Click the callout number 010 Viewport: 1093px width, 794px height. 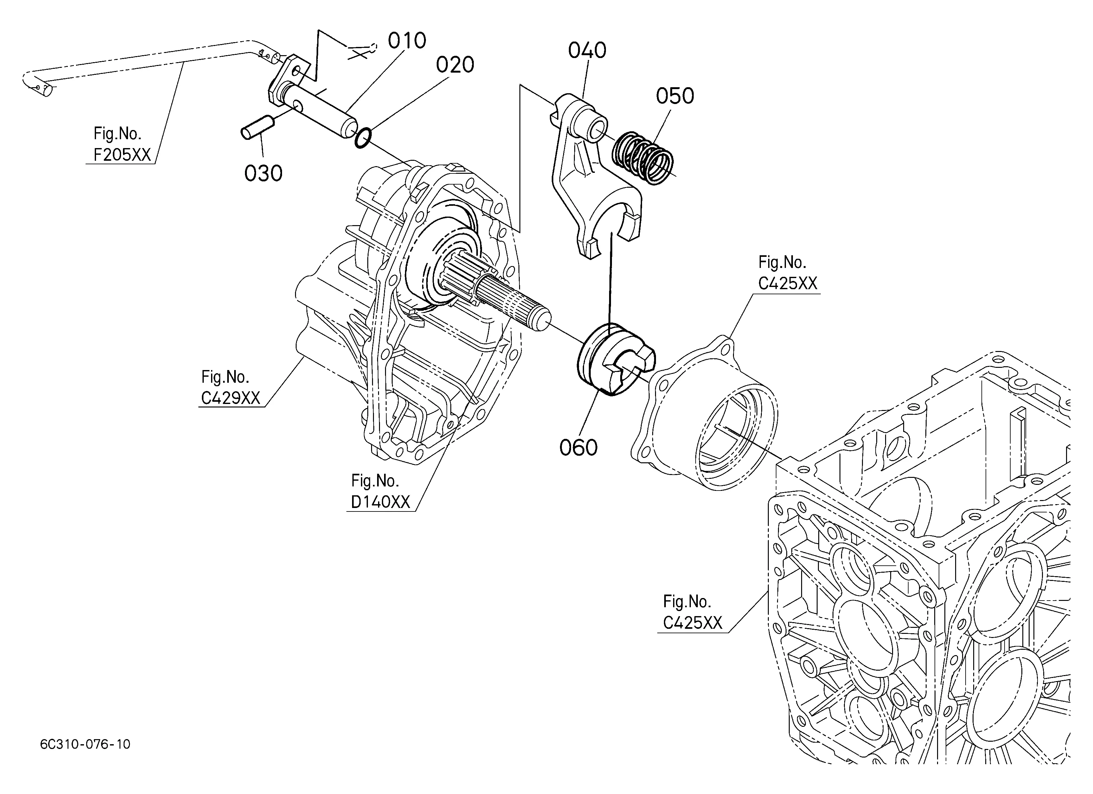[407, 41]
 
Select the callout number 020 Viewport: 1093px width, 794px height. [455, 65]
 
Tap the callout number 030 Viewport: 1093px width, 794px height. [263, 173]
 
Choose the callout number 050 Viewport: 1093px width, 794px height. [675, 96]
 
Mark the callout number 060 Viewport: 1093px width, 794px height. [578, 447]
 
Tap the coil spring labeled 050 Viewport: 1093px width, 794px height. [642, 158]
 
